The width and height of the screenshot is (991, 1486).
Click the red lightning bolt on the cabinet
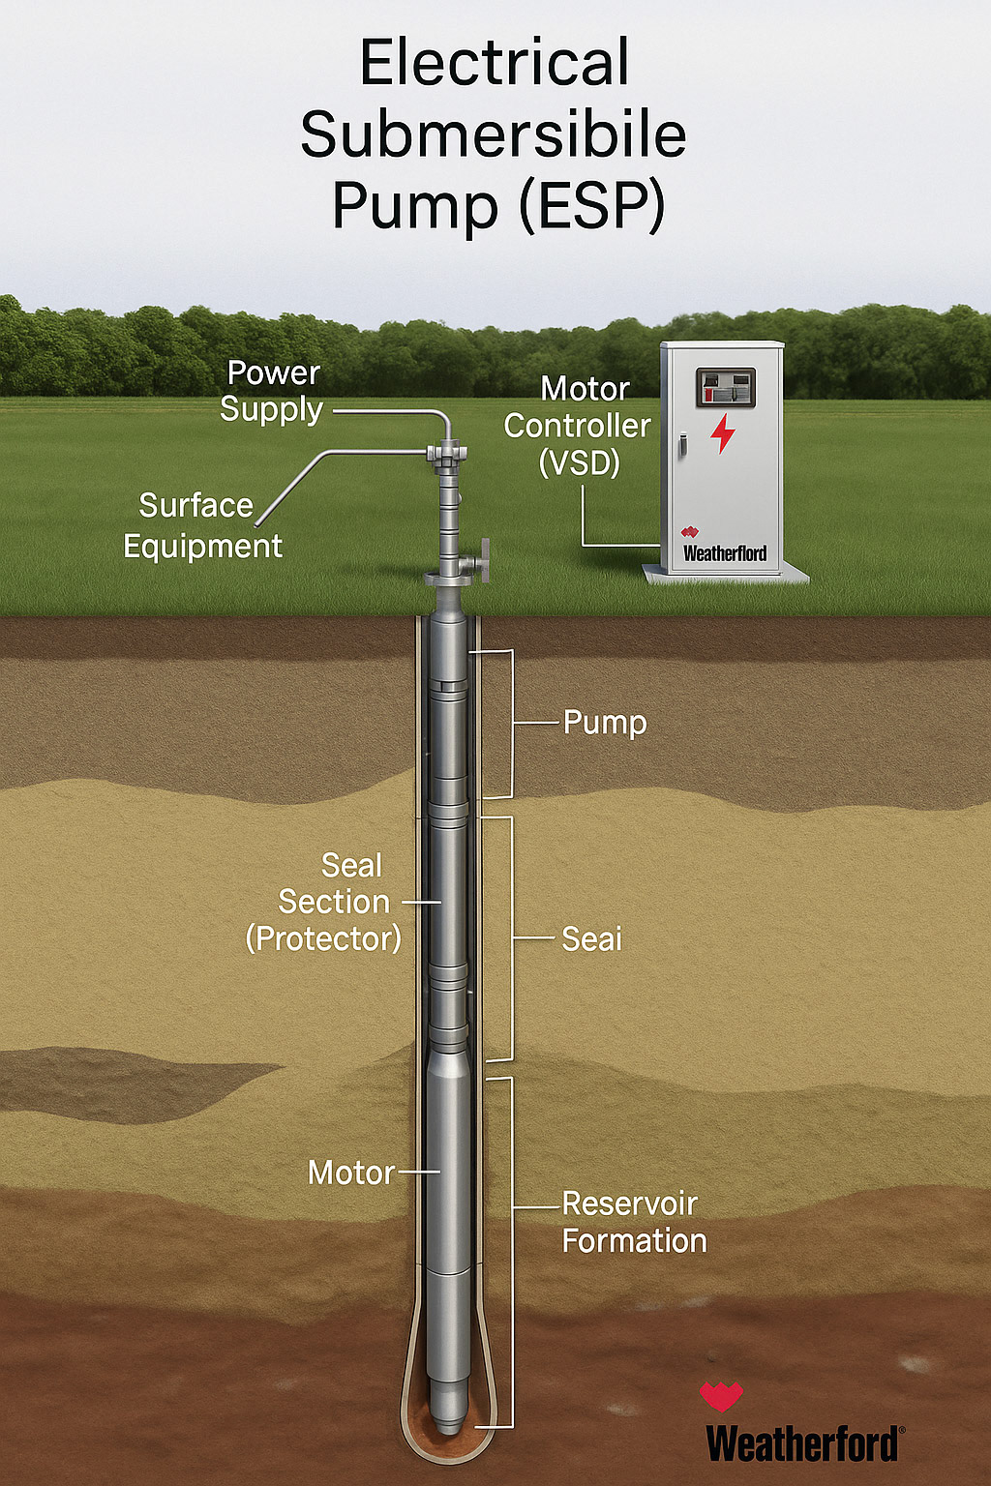[723, 433]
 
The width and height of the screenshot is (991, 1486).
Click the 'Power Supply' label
[272, 391]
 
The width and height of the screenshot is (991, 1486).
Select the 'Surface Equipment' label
[201, 525]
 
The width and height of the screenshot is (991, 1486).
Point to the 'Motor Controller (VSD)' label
[579, 426]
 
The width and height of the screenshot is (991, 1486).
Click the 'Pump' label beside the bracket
[605, 723]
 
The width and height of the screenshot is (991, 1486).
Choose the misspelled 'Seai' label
[591, 938]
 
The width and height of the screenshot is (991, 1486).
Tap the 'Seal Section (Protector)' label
[325, 902]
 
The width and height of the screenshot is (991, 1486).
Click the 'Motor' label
[350, 1173]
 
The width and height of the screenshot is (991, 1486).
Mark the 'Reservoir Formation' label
[634, 1222]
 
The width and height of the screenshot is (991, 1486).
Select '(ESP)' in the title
[592, 205]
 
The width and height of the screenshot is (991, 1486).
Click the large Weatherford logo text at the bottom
[803, 1443]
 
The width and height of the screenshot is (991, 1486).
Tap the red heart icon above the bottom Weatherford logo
[721, 1396]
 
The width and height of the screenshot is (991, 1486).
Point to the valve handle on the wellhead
[483, 561]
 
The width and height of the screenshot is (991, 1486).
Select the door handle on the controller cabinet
[681, 445]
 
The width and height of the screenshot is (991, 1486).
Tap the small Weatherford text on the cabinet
[725, 553]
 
